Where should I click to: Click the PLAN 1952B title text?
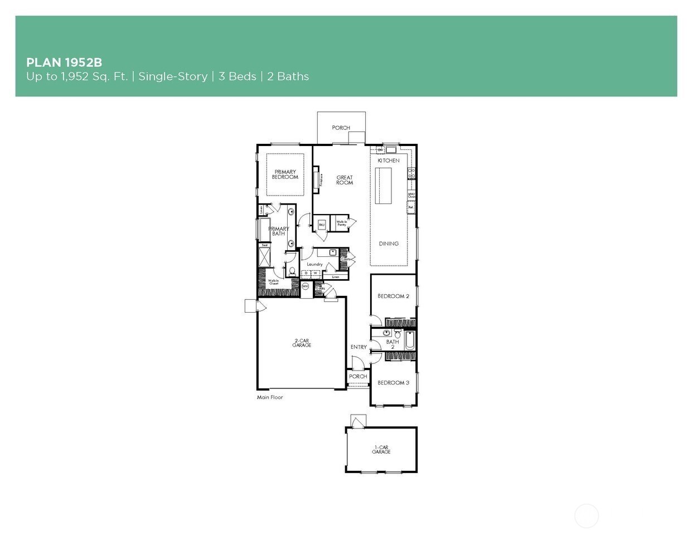pyautogui.click(x=64, y=62)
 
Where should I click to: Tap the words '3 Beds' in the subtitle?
pyautogui.click(x=237, y=76)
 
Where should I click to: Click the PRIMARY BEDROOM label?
pyautogui.click(x=285, y=174)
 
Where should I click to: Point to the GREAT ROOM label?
pyautogui.click(x=345, y=180)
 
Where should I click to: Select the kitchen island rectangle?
pyautogui.click(x=384, y=186)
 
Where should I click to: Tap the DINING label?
pyautogui.click(x=389, y=244)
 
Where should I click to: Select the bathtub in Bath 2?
pyautogui.click(x=409, y=341)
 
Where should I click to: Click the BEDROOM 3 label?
pyautogui.click(x=393, y=383)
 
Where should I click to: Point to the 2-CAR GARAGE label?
pyautogui.click(x=302, y=343)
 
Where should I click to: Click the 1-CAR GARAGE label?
pyautogui.click(x=381, y=449)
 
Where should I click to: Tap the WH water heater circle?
pyautogui.click(x=305, y=286)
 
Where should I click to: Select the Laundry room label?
pyautogui.click(x=314, y=264)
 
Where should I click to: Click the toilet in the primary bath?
pyautogui.click(x=291, y=272)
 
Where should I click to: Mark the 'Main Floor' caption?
pyautogui.click(x=270, y=397)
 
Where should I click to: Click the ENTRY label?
pyautogui.click(x=358, y=347)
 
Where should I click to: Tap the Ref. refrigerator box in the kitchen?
pyautogui.click(x=411, y=207)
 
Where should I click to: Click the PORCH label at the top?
pyautogui.click(x=341, y=128)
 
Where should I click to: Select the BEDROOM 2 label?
pyautogui.click(x=393, y=296)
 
